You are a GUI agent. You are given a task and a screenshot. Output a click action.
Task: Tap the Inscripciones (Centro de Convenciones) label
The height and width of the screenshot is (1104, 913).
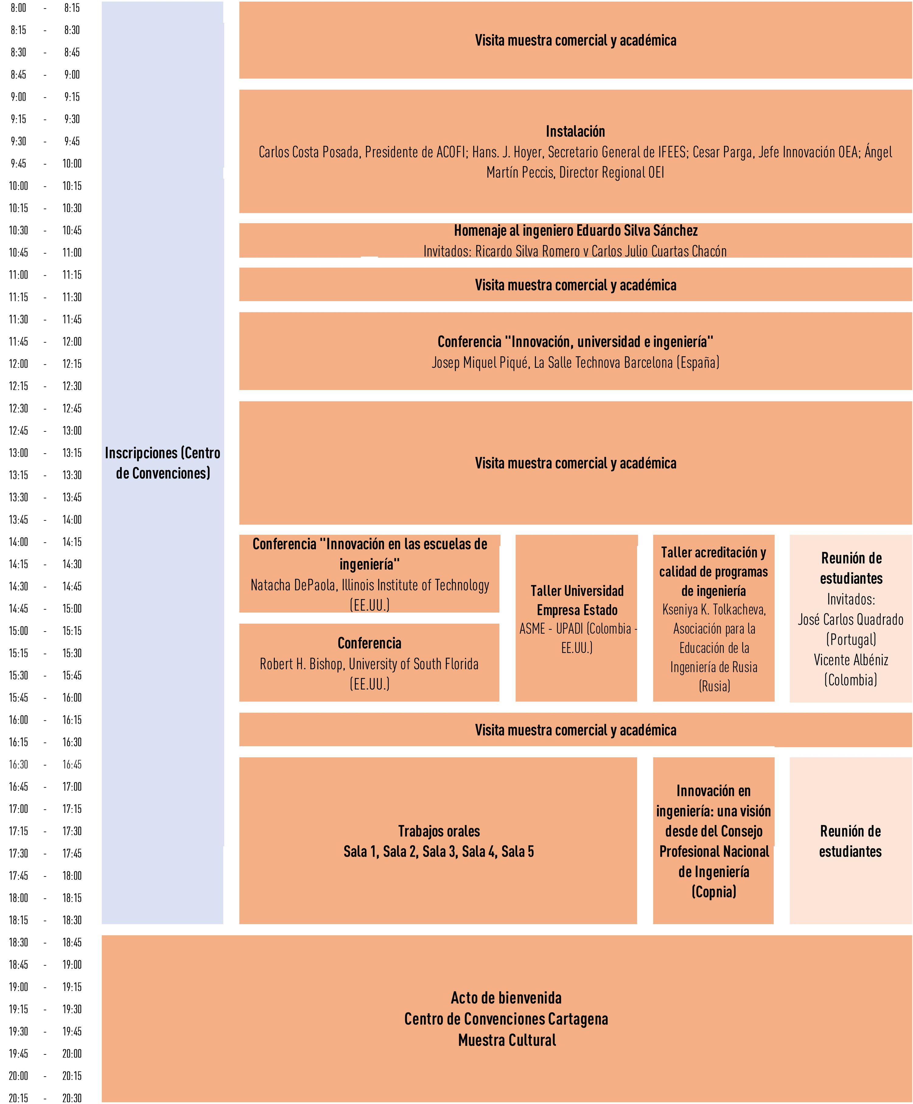163,463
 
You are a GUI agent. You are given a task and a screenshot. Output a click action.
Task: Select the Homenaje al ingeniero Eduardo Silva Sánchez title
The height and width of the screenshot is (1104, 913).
575,231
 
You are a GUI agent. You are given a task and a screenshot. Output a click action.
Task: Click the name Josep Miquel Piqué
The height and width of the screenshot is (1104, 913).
480,363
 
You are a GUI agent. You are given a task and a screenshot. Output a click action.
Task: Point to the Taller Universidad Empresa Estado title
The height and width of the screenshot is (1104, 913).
577,600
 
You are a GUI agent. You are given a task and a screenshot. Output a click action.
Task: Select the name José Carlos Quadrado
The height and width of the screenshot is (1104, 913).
850,619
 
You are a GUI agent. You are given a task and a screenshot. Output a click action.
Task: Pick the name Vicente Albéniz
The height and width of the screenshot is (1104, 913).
850,660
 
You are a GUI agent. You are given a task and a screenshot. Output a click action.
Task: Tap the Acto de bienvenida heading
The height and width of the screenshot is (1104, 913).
506,998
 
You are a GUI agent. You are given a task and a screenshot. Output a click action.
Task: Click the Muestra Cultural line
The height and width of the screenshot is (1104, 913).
506,1040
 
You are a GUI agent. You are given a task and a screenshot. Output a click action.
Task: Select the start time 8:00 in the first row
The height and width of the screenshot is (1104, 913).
18,8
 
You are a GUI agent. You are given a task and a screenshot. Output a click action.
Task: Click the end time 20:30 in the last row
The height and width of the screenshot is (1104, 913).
72,1098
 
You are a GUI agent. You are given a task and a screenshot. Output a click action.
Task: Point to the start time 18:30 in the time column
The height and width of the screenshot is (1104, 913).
18,942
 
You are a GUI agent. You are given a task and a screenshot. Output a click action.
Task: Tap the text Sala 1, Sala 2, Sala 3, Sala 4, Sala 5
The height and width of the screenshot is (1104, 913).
439,852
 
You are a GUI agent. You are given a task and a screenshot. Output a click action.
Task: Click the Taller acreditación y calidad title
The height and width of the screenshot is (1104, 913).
714,571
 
